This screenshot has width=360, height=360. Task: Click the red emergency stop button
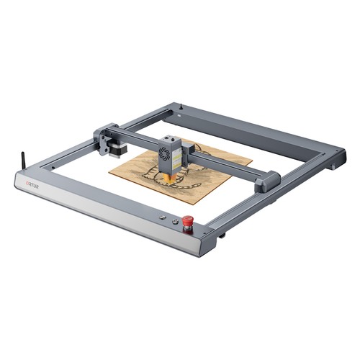[188, 220]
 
